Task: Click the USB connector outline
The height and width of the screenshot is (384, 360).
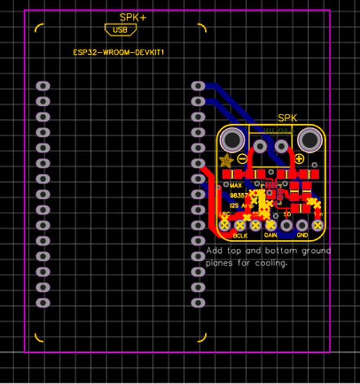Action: [120, 30]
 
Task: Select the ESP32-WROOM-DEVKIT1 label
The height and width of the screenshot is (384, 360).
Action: [118, 53]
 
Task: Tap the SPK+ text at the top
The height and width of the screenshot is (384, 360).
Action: [133, 18]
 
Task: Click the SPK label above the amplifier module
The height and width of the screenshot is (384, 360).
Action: [289, 119]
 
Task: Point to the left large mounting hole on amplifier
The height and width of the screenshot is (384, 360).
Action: [232, 141]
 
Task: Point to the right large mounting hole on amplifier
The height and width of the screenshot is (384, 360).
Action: [309, 141]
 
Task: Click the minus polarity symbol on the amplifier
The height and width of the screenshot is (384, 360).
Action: [242, 158]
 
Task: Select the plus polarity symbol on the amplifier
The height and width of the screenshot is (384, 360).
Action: [299, 158]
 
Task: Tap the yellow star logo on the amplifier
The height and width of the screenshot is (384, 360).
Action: [225, 160]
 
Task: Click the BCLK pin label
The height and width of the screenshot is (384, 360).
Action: [240, 235]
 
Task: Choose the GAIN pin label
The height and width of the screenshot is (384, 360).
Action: [271, 235]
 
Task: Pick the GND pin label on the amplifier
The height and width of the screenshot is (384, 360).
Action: [302, 235]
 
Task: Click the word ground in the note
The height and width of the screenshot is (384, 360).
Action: [317, 251]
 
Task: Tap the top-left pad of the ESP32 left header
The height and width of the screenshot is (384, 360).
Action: [42, 86]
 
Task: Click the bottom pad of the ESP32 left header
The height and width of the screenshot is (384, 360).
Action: [42, 302]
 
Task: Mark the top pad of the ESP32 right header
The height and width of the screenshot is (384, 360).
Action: [198, 86]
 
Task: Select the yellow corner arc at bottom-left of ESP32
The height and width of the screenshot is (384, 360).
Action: [39, 338]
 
